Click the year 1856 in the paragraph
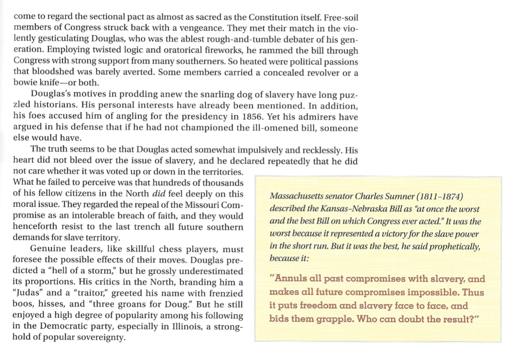coord(250,116)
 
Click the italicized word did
coord(159,194)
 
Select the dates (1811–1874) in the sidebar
coord(439,197)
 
